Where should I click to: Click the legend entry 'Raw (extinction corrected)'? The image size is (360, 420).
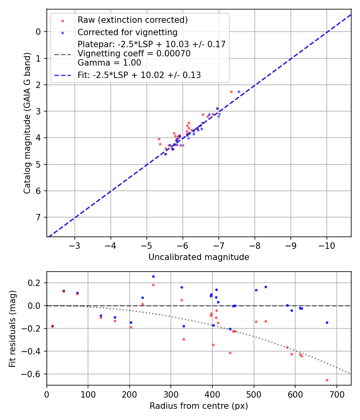point(132,20)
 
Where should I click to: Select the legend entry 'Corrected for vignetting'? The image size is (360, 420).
point(128,32)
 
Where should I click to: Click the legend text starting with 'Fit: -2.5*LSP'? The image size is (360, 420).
point(139,75)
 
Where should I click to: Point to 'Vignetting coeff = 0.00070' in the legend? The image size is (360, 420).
point(134,54)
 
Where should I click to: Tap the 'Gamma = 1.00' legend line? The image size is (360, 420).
point(109,63)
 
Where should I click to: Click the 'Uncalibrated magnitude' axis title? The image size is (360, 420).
point(199,257)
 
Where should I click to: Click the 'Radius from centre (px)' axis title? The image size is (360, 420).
point(199,406)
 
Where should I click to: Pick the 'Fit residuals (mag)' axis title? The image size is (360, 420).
point(12,328)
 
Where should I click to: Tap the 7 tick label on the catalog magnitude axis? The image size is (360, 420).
point(38,217)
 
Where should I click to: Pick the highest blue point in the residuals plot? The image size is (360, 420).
point(153,276)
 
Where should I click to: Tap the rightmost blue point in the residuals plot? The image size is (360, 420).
point(327,322)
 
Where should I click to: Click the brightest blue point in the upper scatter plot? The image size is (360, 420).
point(239,92)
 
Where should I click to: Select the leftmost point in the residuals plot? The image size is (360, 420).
point(52,326)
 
